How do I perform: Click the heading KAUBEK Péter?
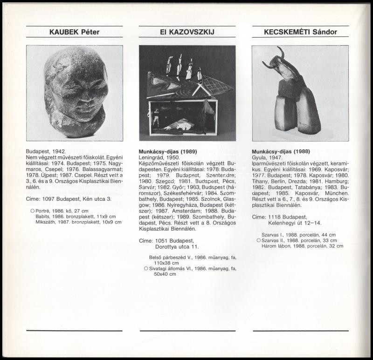75,32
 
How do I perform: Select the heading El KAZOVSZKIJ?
187,32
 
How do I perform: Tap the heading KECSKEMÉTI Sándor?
300,32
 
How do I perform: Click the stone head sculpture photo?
75,93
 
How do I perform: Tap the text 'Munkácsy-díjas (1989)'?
168,152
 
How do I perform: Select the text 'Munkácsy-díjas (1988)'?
281,152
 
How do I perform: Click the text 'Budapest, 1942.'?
46,152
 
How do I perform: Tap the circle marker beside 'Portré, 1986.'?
32,211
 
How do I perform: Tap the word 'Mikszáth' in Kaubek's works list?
46,222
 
